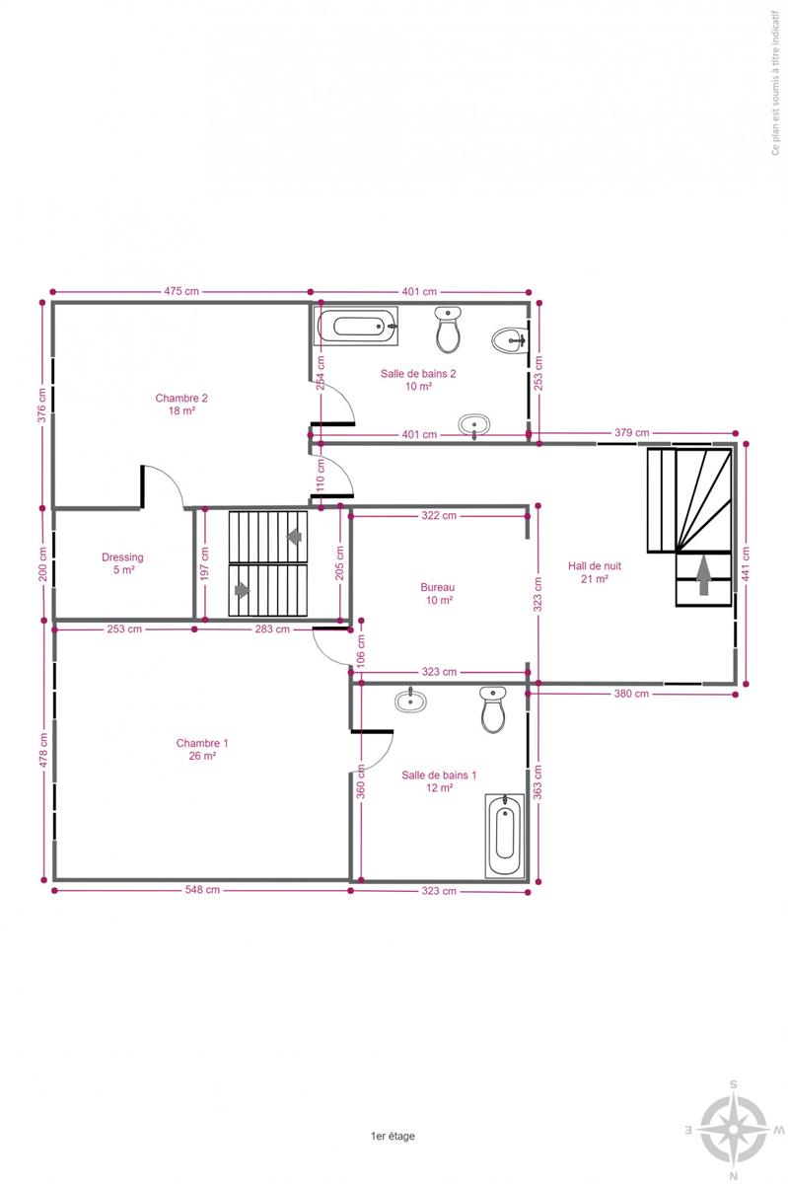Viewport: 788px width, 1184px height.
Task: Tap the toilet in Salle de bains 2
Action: pyautogui.click(x=448, y=330)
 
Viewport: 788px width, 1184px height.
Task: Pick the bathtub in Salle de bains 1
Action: pyautogui.click(x=505, y=836)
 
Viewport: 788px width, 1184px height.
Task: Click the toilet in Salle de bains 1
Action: pyautogui.click(x=493, y=709)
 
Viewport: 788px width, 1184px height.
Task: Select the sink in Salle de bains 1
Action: pyautogui.click(x=410, y=701)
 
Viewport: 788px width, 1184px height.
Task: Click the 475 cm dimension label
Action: pyautogui.click(x=181, y=291)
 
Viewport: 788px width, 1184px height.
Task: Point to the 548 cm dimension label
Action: pyautogui.click(x=202, y=890)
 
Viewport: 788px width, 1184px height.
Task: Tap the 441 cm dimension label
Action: pyautogui.click(x=746, y=563)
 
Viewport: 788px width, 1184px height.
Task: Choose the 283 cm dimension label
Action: pyautogui.click(x=272, y=629)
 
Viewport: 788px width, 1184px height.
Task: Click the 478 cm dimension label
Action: pyautogui.click(x=43, y=750)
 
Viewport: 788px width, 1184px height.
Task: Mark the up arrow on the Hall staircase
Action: pyautogui.click(x=703, y=575)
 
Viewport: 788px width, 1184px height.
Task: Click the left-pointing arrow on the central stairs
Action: pyautogui.click(x=294, y=537)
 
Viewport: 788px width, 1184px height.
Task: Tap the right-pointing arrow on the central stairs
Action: pyautogui.click(x=242, y=589)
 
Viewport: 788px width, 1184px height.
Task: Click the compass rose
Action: pyautogui.click(x=734, y=1129)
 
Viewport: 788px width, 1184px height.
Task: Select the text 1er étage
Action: pyautogui.click(x=393, y=1136)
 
